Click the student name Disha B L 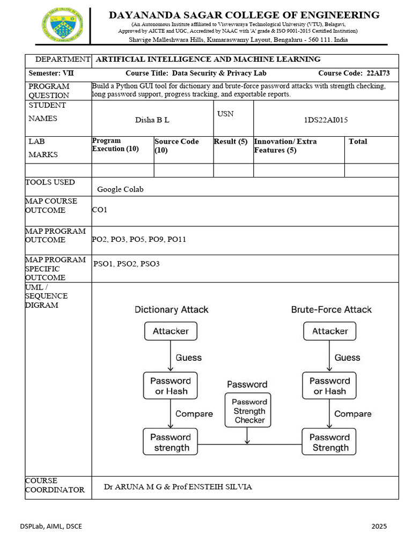pos(152,120)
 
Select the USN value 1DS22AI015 pos(326,120)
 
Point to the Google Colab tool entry pos(120,189)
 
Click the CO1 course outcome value pos(100,210)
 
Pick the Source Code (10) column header pos(176,146)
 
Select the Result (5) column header pos(231,142)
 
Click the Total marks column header pos(358,142)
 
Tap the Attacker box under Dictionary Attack pos(171,331)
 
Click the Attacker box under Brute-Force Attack pos(330,331)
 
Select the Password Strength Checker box pos(249,411)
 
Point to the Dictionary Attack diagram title pos(171,309)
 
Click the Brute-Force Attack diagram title pos(331,309)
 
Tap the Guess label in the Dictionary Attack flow pos(189,358)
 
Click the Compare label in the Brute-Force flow pos(352,414)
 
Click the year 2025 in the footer pos(379,526)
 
